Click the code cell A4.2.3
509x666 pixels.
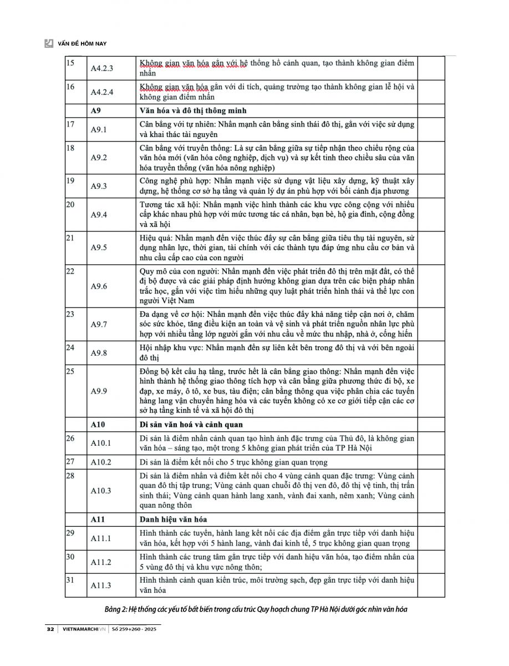[x=102, y=68]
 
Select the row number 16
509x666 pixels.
[x=70, y=87]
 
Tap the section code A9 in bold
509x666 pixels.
[x=97, y=110]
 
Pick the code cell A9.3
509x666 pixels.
[x=99, y=186]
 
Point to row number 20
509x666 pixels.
[x=70, y=204]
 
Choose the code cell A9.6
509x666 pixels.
[x=99, y=286]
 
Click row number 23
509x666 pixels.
[x=70, y=314]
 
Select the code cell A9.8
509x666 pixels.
[x=99, y=352]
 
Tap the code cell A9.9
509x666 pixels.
[x=99, y=391]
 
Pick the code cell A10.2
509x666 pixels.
[x=101, y=462]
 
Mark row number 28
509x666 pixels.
[x=70, y=476]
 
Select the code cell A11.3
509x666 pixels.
[x=101, y=585]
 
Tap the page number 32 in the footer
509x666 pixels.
[x=50, y=630]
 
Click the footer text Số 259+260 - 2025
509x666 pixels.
[x=136, y=630]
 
